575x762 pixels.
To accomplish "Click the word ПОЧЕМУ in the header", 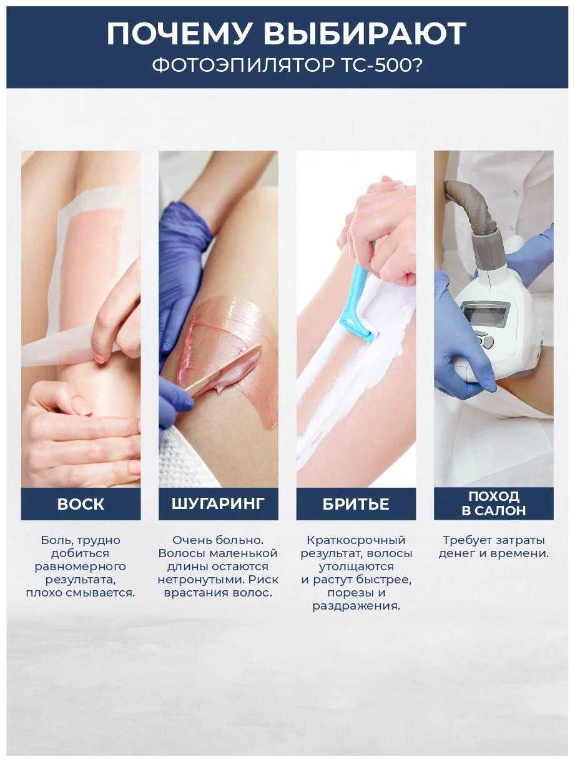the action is [179, 34].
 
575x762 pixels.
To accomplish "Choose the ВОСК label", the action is [81, 505].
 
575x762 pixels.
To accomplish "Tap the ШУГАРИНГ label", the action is [219, 503].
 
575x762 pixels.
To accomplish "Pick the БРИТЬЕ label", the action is [356, 505].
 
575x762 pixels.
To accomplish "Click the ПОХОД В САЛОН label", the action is [493, 503].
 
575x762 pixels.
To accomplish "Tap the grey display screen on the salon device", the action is [486, 313].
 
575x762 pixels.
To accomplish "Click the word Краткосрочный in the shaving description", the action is [356, 540].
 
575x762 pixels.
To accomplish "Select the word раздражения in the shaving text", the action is [356, 606].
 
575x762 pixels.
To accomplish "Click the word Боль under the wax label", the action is [56, 540].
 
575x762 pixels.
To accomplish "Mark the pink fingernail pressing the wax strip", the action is [100, 357].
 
